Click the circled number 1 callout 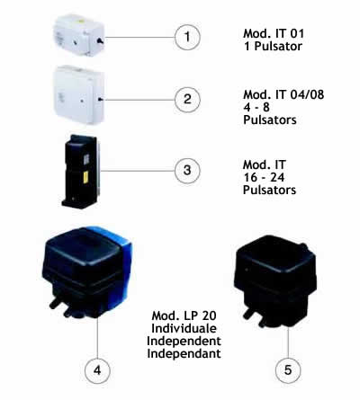tap(187, 37)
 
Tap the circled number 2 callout tap(187, 99)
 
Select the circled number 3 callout tap(187, 171)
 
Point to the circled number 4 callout tap(97, 370)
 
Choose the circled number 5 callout tap(288, 370)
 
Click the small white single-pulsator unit tap(79, 35)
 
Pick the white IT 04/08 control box tap(79, 94)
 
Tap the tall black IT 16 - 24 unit tap(81, 172)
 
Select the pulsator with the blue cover tap(87, 271)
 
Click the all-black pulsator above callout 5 tap(275, 281)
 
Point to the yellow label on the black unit tap(85, 177)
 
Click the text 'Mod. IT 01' tap(274, 33)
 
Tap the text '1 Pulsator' tap(273, 46)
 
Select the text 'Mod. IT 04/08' tap(283, 94)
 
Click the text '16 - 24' tap(264, 177)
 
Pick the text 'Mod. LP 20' tap(184, 316)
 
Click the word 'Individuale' tap(184, 328)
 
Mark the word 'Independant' tap(184, 353)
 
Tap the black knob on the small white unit tap(100, 40)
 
